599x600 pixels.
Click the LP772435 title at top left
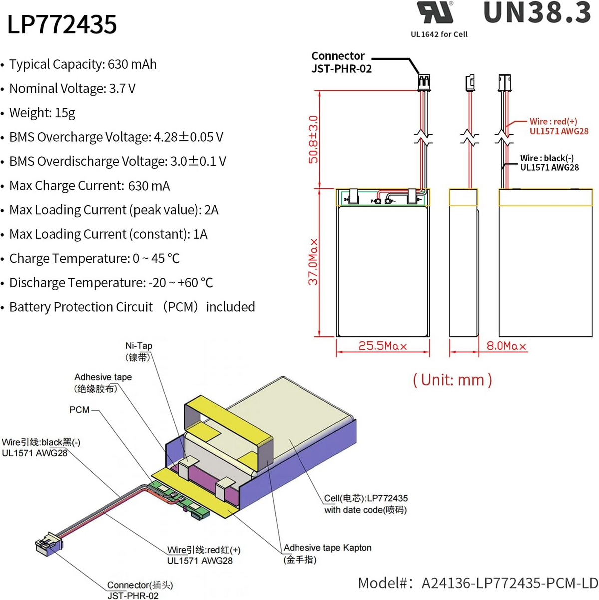click(62, 24)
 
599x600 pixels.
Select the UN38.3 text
click(537, 13)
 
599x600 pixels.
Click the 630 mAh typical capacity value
click(132, 64)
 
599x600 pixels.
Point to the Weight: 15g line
click(42, 113)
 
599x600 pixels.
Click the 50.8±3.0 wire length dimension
click(313, 139)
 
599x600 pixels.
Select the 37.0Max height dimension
click(313, 262)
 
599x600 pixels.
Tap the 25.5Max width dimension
click(382, 346)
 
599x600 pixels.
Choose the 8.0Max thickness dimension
click(506, 346)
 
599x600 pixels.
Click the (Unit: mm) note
click(452, 380)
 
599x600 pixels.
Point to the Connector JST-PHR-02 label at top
click(341, 62)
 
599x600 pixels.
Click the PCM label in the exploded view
click(79, 410)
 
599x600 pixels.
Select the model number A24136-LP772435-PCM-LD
click(509, 583)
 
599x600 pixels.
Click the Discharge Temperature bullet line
click(111, 283)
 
